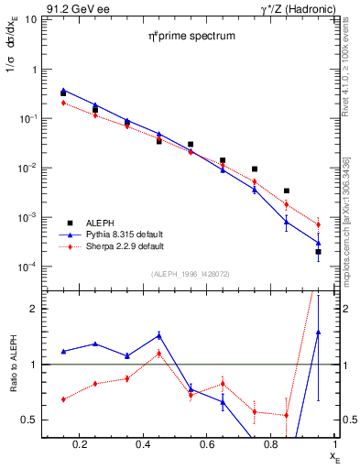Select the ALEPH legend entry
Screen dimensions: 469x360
[102, 223]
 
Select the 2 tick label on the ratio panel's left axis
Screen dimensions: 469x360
[33, 309]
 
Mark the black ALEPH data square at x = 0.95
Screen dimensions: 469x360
[318, 251]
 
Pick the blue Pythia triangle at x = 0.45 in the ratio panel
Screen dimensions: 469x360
[158, 335]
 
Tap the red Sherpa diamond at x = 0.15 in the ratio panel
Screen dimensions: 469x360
[63, 399]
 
